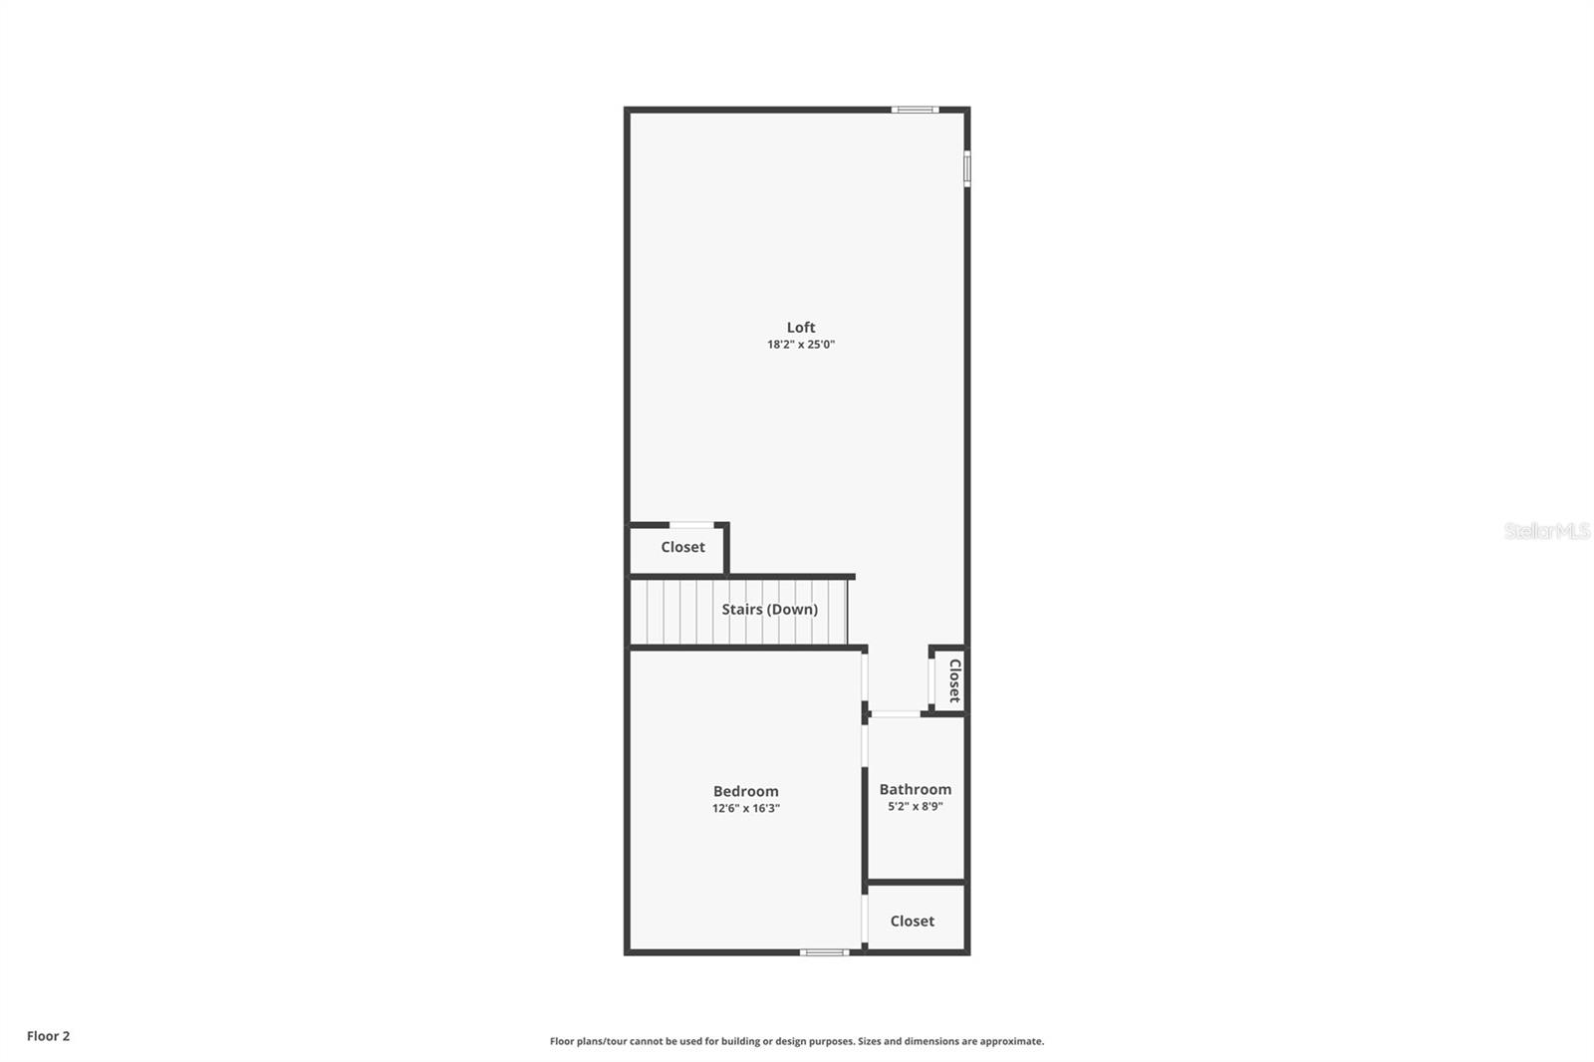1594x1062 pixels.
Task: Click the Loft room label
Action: [801, 327]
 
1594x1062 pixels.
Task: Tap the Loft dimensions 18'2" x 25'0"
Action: [801, 345]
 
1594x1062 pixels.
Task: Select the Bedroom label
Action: [745, 791]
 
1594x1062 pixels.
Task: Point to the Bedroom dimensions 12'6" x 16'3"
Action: [745, 809]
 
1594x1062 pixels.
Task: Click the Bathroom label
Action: [915, 789]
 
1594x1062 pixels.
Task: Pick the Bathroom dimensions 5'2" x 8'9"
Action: [915, 807]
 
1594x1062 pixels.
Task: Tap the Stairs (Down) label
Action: [769, 609]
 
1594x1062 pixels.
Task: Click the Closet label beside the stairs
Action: [682, 547]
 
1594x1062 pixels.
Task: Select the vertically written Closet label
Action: [953, 680]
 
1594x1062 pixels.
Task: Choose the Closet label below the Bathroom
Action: [912, 921]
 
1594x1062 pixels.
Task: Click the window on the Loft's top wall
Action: [915, 110]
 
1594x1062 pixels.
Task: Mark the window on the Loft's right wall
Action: [966, 167]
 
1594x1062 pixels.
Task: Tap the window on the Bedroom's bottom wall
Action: [825, 952]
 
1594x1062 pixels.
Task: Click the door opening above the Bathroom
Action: [895, 713]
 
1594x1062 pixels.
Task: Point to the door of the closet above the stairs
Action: [690, 525]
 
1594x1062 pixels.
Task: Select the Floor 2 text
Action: [48, 1036]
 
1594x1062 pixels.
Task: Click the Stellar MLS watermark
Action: [1546, 531]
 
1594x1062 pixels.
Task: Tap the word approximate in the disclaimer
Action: [1011, 1041]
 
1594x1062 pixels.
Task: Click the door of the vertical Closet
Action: [931, 681]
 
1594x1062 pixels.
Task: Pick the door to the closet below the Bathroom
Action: [864, 921]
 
